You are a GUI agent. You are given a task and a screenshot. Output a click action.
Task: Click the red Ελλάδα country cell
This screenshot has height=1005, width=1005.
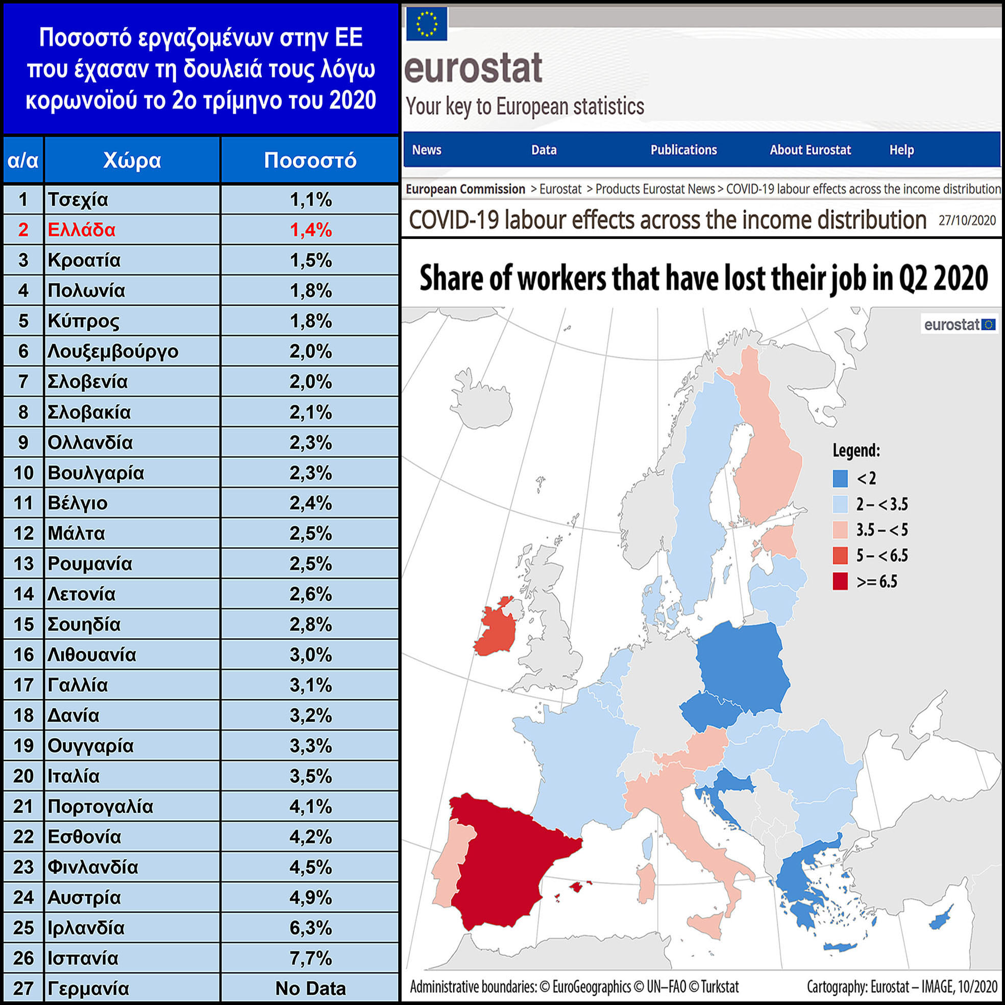tap(81, 230)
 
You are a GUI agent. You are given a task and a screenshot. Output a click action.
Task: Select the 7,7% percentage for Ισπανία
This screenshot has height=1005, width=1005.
tap(310, 958)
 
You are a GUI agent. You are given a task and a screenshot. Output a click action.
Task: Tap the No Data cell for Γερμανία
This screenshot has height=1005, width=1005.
tap(310, 988)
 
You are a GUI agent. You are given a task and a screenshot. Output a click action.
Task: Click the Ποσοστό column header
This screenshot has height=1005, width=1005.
tap(310, 160)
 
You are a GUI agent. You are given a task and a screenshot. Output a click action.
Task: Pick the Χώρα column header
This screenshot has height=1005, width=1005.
tap(132, 160)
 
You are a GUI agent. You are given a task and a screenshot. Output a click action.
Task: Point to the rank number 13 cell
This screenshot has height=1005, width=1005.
tap(23, 563)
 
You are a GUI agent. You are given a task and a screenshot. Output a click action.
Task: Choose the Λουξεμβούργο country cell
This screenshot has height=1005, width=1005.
tap(113, 351)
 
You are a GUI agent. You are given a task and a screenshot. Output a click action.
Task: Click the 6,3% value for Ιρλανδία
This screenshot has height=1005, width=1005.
tap(310, 927)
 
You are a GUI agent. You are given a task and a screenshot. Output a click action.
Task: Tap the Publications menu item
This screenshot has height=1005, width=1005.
tap(683, 150)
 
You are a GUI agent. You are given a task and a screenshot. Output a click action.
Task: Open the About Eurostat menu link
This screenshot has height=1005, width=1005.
tap(810, 150)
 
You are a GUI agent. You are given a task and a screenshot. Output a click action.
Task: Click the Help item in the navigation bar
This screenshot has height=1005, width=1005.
tap(901, 150)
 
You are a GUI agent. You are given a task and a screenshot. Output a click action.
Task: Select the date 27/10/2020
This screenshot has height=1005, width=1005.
tap(967, 220)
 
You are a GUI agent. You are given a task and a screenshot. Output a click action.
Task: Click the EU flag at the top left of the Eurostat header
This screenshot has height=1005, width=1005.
tap(427, 23)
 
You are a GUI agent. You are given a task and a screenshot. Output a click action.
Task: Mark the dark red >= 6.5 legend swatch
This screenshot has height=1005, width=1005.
tap(840, 581)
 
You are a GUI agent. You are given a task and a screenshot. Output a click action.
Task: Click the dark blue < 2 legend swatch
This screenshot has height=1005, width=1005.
tap(840, 478)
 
